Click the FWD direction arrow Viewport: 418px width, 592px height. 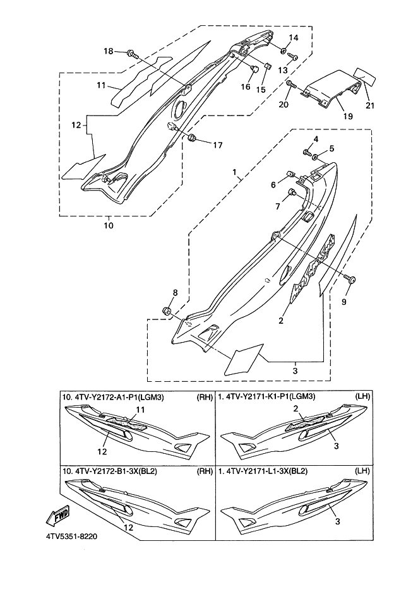[x=58, y=515]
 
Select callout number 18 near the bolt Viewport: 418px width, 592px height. [x=109, y=51]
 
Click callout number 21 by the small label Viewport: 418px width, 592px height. [x=370, y=105]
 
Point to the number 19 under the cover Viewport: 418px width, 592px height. [x=348, y=116]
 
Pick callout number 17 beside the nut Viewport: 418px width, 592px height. [x=218, y=145]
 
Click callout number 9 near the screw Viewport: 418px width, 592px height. [x=343, y=302]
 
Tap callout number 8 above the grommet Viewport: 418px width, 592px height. [x=175, y=293]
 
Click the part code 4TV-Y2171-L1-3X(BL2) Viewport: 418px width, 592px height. [x=263, y=471]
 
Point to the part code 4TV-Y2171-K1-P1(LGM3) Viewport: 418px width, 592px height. [x=267, y=397]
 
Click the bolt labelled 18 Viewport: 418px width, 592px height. [x=132, y=54]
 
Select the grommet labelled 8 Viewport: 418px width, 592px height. [x=167, y=311]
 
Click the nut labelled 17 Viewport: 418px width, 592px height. [x=191, y=138]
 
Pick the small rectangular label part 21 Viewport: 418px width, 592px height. [x=365, y=77]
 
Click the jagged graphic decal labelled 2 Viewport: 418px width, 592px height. [x=313, y=267]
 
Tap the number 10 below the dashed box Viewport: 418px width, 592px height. [x=109, y=226]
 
